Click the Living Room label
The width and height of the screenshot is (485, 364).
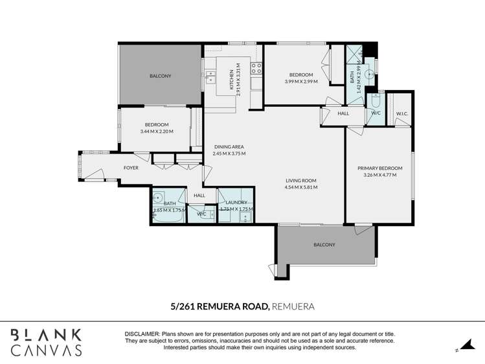(301, 181)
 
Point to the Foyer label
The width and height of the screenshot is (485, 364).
(131, 168)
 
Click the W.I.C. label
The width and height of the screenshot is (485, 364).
(401, 113)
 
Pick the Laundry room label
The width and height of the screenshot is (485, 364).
(236, 202)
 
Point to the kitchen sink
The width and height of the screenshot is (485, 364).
(210, 77)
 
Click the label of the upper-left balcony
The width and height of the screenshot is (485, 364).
(160, 76)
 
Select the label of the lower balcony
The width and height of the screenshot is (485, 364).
(324, 245)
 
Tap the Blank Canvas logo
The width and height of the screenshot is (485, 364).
(46, 342)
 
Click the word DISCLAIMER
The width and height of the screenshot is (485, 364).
(142, 334)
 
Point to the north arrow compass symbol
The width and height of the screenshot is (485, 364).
(464, 347)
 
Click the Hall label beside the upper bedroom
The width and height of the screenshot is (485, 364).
(343, 113)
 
